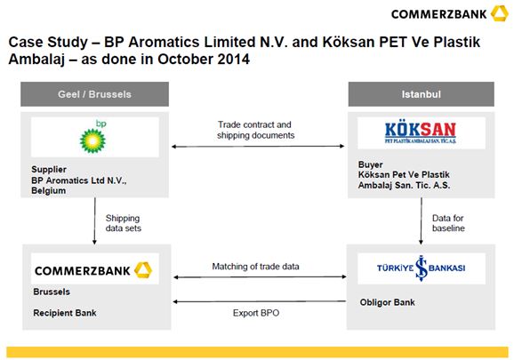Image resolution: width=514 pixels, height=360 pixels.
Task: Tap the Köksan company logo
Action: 421,132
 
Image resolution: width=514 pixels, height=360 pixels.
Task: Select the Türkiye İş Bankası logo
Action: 421,268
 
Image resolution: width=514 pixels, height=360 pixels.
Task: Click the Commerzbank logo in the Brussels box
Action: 93,270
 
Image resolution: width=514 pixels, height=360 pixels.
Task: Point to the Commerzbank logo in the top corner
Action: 449,13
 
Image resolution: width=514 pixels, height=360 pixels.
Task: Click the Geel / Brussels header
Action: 95,94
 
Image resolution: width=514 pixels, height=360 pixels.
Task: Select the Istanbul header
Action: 422,94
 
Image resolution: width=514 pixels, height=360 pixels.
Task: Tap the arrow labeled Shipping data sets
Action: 95,220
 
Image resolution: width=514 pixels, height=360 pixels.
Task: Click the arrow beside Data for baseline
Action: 422,220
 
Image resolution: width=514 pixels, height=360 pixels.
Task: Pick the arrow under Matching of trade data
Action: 260,277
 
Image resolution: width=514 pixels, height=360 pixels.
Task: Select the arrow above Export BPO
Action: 260,301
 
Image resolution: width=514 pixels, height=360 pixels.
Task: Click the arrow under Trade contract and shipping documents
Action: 258,147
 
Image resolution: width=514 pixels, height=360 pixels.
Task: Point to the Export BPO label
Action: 256,313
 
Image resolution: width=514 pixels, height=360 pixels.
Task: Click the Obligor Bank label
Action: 387,302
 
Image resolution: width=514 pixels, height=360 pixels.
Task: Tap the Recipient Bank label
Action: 65,313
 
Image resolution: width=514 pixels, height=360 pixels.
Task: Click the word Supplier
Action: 49,170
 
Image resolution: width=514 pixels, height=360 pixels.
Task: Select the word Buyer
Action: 371,164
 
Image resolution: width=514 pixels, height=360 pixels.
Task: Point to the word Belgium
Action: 49,190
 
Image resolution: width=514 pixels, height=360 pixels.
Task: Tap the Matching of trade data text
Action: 256,267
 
